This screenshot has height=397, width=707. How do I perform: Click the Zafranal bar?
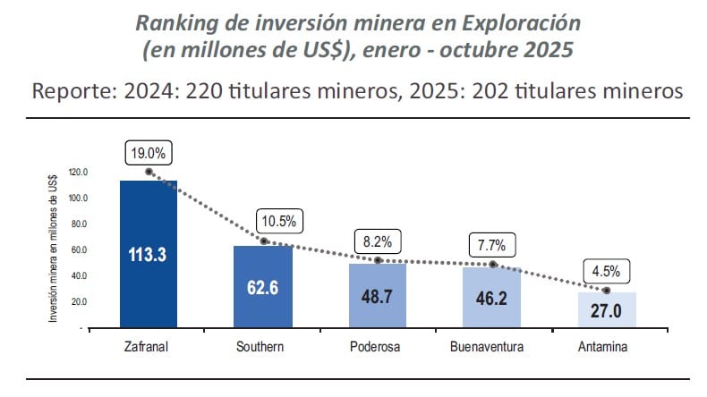[149, 254]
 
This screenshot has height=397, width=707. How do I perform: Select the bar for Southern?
[263, 286]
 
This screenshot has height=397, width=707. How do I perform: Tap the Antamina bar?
[607, 309]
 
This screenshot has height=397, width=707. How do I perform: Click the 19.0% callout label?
[149, 153]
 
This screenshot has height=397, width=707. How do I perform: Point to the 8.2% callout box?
[378, 241]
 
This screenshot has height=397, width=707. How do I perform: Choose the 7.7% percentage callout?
[492, 244]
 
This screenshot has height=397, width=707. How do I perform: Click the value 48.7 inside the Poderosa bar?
[378, 296]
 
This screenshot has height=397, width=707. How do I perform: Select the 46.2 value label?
[492, 298]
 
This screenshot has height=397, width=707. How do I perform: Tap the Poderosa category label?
[376, 346]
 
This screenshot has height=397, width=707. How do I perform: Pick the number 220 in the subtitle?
[215, 91]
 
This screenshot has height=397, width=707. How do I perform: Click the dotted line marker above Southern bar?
[263, 241]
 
